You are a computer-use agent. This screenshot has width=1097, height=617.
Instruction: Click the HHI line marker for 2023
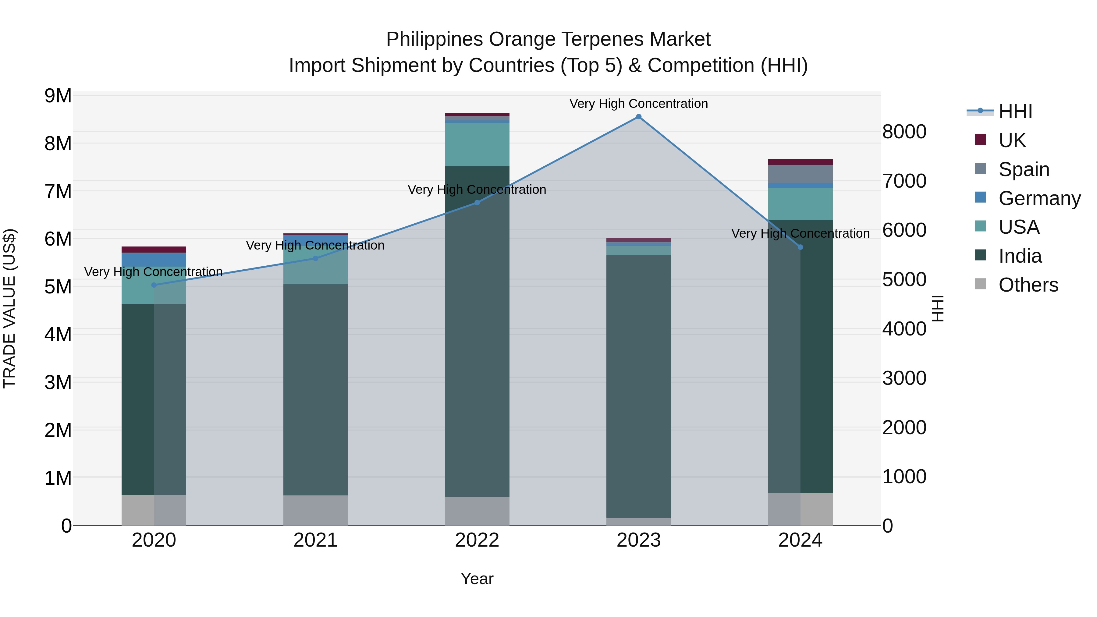(x=638, y=117)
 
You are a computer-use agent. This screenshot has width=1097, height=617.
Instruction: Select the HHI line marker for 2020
(x=154, y=285)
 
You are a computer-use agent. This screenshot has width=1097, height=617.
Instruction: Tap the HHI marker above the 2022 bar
(x=477, y=203)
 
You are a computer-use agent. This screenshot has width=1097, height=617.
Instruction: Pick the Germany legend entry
(x=1039, y=198)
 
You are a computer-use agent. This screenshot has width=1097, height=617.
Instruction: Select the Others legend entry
(x=1028, y=285)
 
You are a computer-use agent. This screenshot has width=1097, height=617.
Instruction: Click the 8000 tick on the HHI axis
(x=904, y=132)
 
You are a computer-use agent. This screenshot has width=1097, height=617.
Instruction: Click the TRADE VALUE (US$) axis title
(x=9, y=308)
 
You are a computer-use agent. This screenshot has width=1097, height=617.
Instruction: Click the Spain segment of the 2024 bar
(x=800, y=174)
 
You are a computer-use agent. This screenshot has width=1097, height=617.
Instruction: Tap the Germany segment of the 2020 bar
(x=154, y=260)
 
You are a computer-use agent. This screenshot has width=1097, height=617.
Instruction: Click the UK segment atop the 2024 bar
(x=800, y=162)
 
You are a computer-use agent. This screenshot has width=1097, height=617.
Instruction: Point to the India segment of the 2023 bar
(x=638, y=386)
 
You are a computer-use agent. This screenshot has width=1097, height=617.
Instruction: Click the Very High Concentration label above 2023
(x=638, y=104)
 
